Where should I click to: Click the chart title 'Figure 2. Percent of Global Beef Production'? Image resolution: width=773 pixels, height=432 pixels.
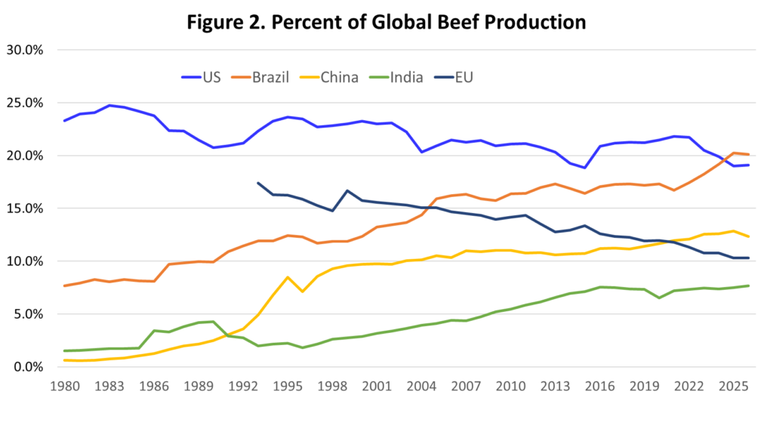(386, 23)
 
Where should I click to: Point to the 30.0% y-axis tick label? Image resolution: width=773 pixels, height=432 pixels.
(27, 51)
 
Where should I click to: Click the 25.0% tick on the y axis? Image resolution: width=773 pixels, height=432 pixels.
(27, 103)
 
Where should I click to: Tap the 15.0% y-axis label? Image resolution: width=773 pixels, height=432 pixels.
(27, 208)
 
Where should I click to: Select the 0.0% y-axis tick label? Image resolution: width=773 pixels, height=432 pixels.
(30, 367)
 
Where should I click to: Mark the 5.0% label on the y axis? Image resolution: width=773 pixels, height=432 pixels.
(30, 314)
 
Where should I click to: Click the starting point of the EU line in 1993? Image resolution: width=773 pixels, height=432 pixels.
(258, 183)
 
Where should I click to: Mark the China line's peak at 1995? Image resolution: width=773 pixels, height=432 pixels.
(288, 277)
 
